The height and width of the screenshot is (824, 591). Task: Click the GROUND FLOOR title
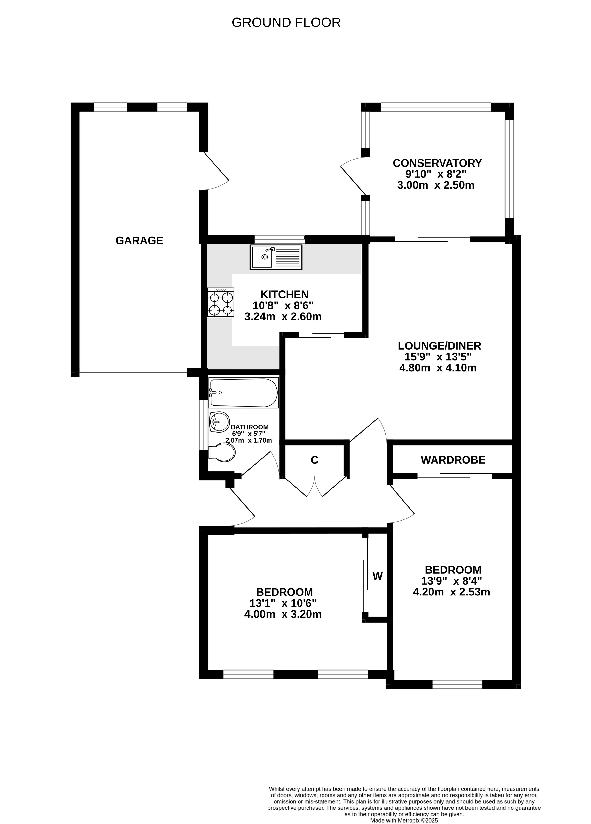[x=286, y=23]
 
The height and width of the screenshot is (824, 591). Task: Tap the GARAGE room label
[x=139, y=241]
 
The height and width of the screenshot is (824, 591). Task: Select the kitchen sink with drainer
[x=276, y=257]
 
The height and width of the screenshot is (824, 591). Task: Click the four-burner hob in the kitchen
[x=221, y=302]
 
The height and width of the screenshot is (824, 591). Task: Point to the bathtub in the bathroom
[x=243, y=393]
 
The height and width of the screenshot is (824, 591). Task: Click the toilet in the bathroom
[x=222, y=452]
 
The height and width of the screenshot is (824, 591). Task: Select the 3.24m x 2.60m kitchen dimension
[x=283, y=316]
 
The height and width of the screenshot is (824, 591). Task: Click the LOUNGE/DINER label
[x=439, y=345]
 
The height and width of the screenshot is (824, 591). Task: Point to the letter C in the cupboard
[x=315, y=460]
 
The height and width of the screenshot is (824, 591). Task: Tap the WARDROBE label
[x=453, y=460]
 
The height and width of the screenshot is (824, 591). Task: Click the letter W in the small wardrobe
[x=378, y=576]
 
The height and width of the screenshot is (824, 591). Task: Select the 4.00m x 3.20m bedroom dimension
[x=283, y=614]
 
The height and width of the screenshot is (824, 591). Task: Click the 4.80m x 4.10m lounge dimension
[x=438, y=368]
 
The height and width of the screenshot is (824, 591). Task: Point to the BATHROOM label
[x=250, y=427]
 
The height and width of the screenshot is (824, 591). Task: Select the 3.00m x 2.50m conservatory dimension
[x=436, y=185]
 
